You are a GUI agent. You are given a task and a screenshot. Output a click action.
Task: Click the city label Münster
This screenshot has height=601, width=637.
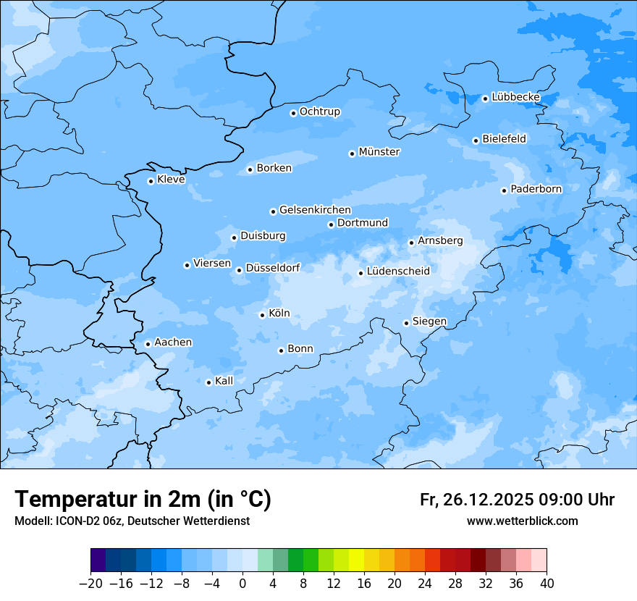click(379, 152)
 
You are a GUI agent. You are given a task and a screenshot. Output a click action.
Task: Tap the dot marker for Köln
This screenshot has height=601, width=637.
click(262, 315)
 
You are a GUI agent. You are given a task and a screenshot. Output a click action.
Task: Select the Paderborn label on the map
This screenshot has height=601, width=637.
click(536, 189)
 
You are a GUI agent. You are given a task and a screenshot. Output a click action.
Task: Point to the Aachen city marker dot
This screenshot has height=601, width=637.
click(148, 344)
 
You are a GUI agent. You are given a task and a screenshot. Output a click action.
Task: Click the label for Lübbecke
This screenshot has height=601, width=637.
click(515, 97)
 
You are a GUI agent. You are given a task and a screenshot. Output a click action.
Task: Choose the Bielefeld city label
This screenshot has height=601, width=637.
click(504, 138)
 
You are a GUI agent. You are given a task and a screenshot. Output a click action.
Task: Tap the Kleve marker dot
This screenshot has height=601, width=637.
click(151, 181)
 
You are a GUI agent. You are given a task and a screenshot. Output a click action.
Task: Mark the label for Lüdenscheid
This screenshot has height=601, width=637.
click(398, 272)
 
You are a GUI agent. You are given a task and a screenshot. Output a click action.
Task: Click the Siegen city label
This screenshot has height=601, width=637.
click(429, 321)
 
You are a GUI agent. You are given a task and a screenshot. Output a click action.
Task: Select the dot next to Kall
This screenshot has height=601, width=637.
click(208, 382)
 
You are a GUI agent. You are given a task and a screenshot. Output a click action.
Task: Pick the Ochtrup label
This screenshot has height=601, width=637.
click(320, 112)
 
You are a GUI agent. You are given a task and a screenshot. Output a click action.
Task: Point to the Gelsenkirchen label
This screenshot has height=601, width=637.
click(315, 210)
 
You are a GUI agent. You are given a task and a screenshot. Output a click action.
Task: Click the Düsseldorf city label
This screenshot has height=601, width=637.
click(273, 268)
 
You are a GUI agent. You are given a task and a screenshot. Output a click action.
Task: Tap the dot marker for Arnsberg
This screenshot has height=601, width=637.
click(411, 243)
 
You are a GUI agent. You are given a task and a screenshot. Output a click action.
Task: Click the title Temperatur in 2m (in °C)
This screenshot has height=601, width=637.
click(143, 499)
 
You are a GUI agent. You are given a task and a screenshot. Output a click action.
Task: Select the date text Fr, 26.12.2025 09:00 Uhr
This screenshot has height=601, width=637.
click(517, 500)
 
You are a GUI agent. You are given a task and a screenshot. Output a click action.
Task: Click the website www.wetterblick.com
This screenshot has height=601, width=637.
click(522, 521)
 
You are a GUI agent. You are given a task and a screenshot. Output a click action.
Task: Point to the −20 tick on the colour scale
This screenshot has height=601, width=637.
click(90, 583)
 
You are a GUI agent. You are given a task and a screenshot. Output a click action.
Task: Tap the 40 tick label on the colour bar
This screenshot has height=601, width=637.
click(547, 583)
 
